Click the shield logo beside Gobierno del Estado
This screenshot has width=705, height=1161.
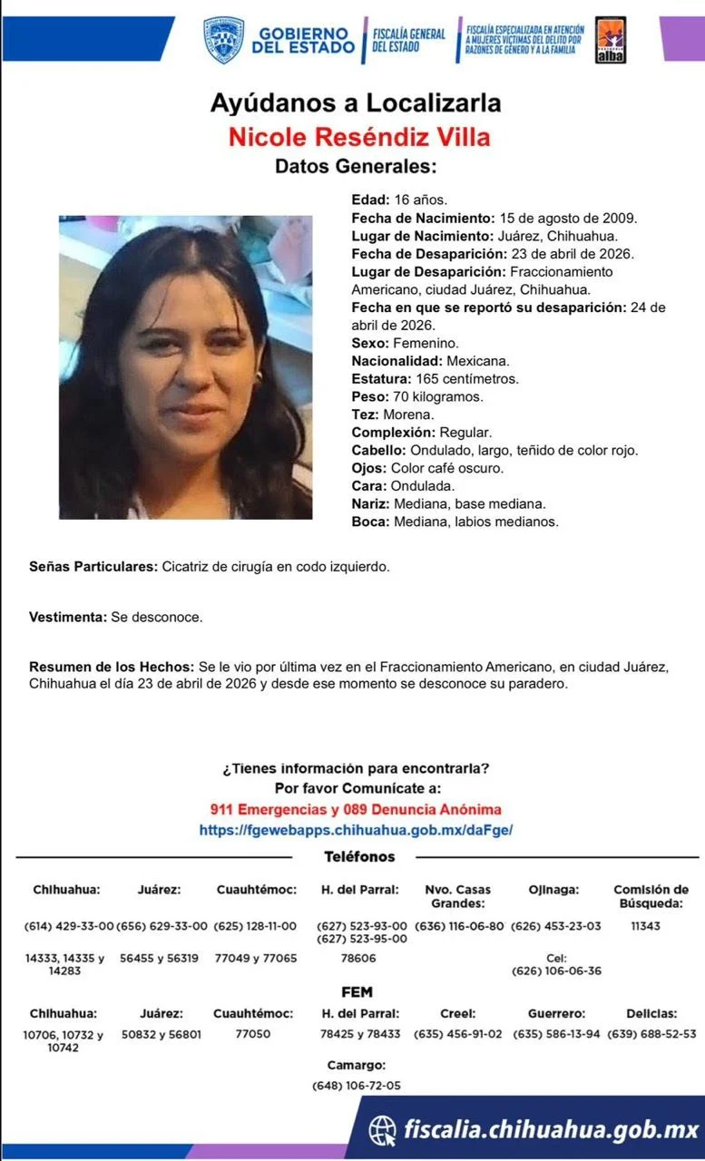[223, 39]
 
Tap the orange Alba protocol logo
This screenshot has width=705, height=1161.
[611, 40]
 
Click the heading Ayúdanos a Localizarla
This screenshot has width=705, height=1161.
[356, 102]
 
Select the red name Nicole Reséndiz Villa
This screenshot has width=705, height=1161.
[359, 137]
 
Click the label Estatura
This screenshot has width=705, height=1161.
[381, 379]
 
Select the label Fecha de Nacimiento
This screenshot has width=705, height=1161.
[423, 218]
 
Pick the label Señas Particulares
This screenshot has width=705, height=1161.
[93, 567]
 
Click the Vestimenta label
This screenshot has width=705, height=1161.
[68, 617]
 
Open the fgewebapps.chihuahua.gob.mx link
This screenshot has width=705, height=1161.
[356, 830]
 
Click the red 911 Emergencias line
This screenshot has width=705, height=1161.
[356, 810]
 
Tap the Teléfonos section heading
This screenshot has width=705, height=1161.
[359, 857]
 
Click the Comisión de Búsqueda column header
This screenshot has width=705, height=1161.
[651, 896]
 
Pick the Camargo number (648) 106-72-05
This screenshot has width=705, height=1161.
[356, 1085]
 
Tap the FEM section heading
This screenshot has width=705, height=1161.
[357, 992]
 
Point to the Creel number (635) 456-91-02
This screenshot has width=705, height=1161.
[457, 1034]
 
